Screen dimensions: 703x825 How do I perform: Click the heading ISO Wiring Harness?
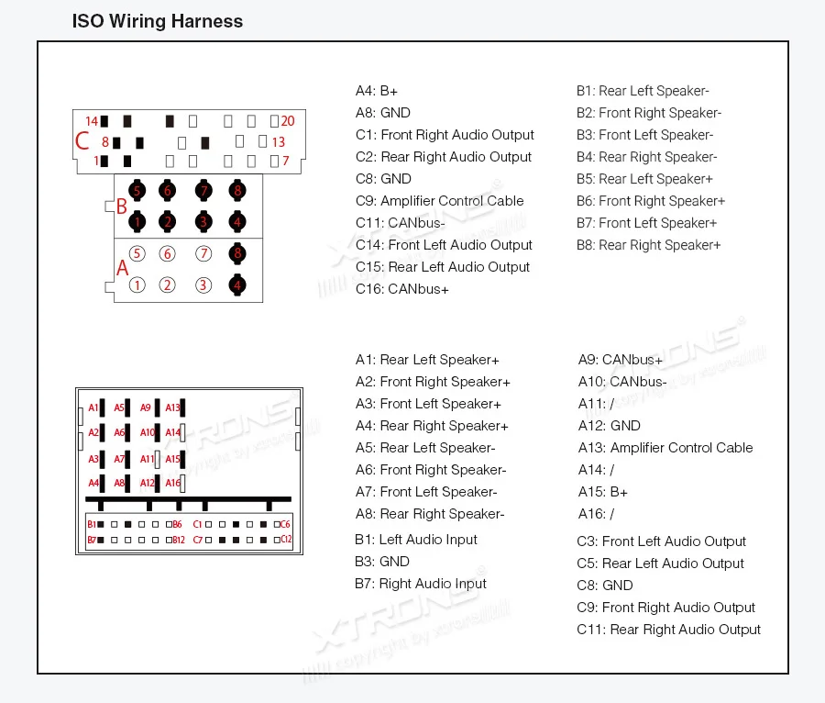[158, 21]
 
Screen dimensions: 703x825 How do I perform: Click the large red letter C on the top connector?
[82, 141]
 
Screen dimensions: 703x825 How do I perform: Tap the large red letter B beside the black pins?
[121, 206]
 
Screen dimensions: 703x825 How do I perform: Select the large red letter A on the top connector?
[122, 267]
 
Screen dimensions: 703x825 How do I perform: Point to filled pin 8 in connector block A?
[237, 253]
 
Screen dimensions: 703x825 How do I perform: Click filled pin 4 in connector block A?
[237, 285]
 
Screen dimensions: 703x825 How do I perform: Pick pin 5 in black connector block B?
[137, 191]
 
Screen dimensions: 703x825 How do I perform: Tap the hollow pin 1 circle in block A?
[137, 285]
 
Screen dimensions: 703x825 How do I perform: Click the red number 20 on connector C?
[287, 121]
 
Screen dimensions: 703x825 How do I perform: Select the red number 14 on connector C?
[92, 121]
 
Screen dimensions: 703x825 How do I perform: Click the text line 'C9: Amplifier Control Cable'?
[439, 201]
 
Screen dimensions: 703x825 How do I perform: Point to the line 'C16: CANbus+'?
[402, 289]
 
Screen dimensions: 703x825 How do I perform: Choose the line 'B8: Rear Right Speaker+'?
[648, 245]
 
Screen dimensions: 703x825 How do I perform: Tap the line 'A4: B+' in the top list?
[377, 91]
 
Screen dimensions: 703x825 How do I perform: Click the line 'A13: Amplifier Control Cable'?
[665, 448]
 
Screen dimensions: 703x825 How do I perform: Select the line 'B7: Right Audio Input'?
[421, 584]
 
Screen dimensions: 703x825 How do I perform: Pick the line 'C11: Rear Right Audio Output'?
[668, 630]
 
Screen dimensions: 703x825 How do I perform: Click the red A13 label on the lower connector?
[172, 407]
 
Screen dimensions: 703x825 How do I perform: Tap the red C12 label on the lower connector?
[286, 539]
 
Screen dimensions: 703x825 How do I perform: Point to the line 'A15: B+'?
[602, 492]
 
